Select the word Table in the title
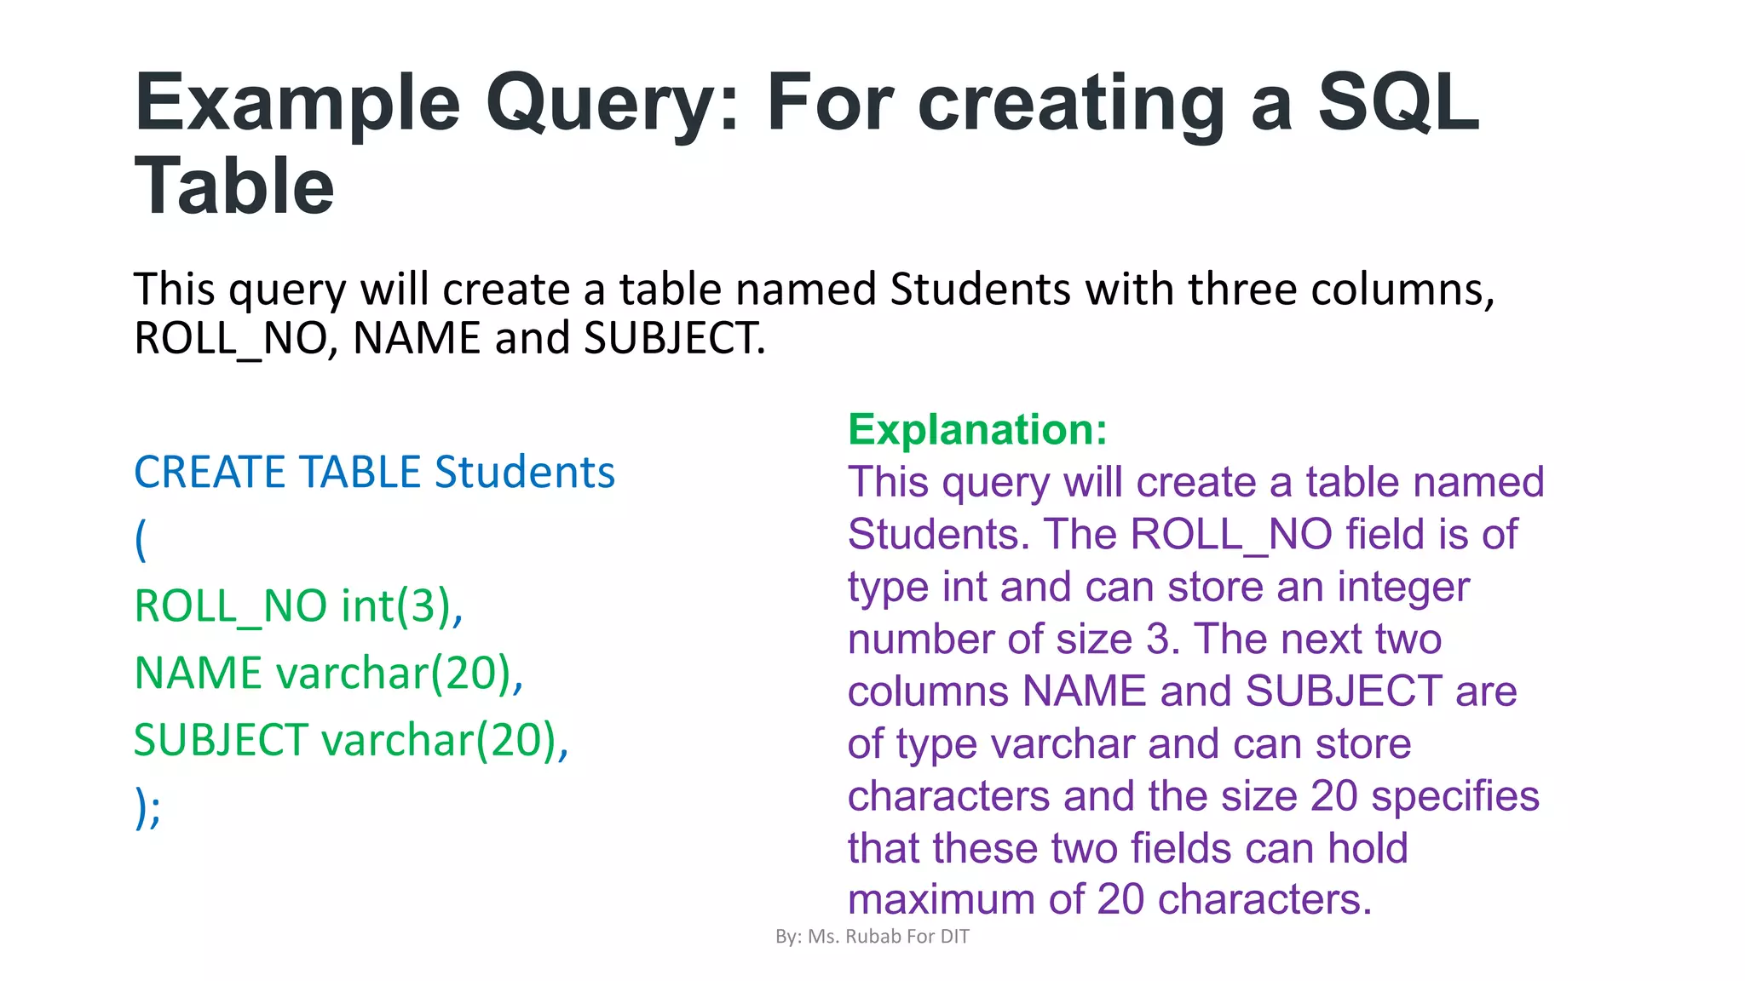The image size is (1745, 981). pyautogui.click(x=234, y=186)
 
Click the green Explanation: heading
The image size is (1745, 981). pyautogui.click(x=977, y=429)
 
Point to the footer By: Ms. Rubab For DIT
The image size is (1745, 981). pyautogui.click(x=872, y=937)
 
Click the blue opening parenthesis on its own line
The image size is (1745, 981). pyautogui.click(x=141, y=540)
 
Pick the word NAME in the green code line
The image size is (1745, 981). pyautogui.click(x=199, y=674)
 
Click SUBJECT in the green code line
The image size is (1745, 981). pyautogui.click(x=221, y=740)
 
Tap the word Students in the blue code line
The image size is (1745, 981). pyautogui.click(x=524, y=473)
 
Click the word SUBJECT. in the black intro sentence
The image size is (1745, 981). pyautogui.click(x=674, y=338)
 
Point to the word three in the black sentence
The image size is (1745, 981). pyautogui.click(x=1242, y=290)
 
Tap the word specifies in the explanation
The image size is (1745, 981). pyautogui.click(x=1455, y=796)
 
